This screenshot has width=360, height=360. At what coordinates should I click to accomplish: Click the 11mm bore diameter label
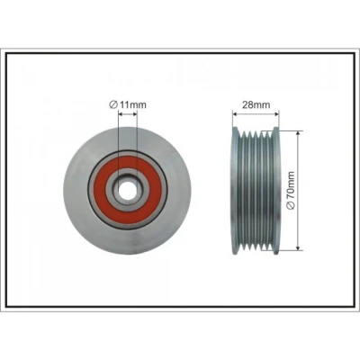tap(128, 104)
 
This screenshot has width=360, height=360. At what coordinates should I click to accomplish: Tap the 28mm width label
tap(256, 104)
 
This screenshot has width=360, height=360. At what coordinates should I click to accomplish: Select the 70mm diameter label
tap(291, 191)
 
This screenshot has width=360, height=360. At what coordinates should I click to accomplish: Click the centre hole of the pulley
tap(127, 191)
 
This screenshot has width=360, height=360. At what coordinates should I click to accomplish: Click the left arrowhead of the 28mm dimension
tap(235, 114)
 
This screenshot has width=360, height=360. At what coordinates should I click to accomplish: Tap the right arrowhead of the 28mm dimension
tap(276, 114)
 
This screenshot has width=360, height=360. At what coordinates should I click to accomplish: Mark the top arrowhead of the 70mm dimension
tap(298, 133)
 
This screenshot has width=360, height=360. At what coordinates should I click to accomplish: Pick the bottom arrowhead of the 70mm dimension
tap(298, 247)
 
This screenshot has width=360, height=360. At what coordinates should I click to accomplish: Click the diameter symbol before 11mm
tap(113, 105)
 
